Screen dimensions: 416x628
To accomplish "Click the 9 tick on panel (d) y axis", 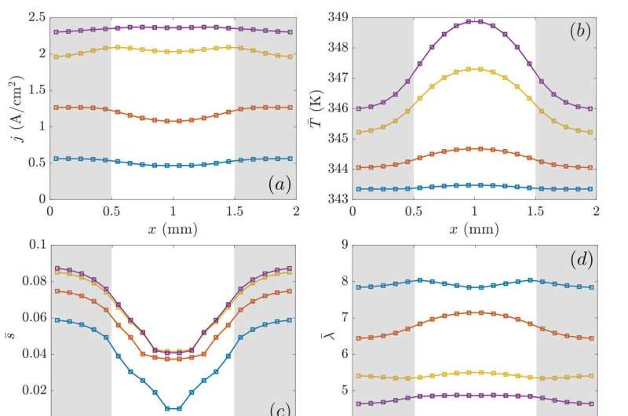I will [341, 245].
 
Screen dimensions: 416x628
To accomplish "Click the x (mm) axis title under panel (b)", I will [474, 229].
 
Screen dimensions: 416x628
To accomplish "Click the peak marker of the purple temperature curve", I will [475, 21].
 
